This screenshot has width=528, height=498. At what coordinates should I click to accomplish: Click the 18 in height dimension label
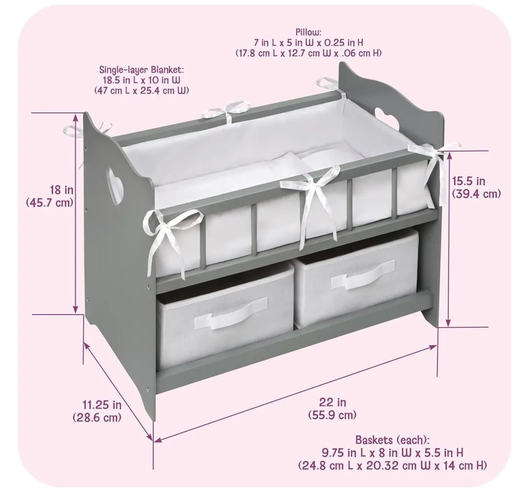click(62, 190)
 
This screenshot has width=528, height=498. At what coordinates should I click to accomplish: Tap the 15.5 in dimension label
click(469, 181)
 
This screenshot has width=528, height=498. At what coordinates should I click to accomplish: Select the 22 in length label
click(332, 402)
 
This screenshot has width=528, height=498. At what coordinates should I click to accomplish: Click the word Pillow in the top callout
click(308, 32)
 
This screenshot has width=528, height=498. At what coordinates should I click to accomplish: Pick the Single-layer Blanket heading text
click(141, 70)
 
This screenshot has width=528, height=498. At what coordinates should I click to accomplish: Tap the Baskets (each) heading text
click(393, 440)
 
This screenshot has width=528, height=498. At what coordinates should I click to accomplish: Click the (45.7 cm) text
click(50, 203)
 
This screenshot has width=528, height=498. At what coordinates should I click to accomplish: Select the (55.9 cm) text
click(332, 415)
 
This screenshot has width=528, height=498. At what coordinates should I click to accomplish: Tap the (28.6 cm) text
click(97, 417)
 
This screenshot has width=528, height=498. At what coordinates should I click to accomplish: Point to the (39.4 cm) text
click(476, 194)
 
